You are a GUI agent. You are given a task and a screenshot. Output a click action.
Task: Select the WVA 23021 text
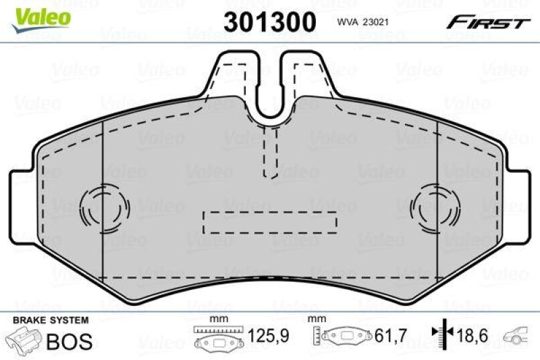pyautogui.click(x=366, y=22)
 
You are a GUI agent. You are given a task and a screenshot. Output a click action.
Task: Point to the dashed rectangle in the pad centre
pyautogui.click(x=270, y=220)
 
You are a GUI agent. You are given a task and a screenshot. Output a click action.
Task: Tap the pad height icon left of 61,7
pyautogui.click(x=345, y=336)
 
